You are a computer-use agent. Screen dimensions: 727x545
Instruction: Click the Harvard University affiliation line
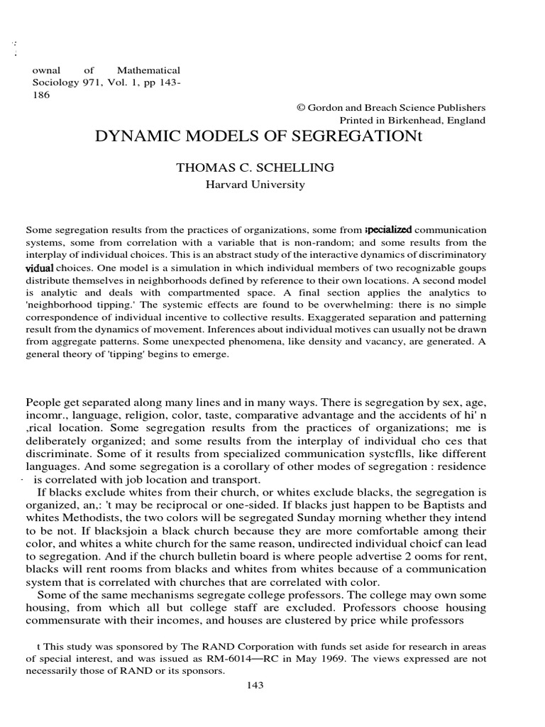point(255,185)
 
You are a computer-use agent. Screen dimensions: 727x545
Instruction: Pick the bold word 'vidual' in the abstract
point(40,269)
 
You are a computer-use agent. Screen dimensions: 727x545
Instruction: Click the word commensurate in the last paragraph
point(65,620)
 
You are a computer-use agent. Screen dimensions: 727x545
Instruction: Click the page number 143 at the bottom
point(255,685)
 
